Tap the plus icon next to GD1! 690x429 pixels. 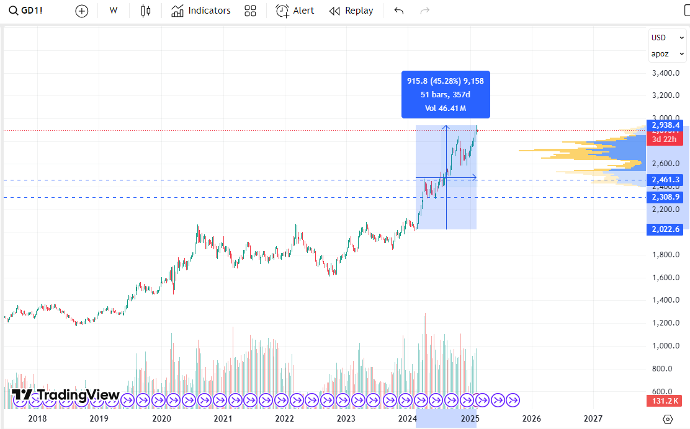point(82,11)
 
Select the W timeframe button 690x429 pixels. point(114,11)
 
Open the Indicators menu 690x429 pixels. point(200,11)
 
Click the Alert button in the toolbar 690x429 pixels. point(295,11)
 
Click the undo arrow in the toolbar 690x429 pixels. point(399,11)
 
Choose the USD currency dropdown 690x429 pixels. point(667,38)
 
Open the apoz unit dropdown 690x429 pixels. point(667,54)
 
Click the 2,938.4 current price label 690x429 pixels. point(666,125)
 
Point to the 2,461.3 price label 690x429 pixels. point(666,180)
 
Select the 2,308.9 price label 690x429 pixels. point(666,197)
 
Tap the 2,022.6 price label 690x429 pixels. point(666,229)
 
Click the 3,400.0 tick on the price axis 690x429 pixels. point(666,73)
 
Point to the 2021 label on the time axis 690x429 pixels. point(223,418)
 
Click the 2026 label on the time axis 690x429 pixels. point(532,418)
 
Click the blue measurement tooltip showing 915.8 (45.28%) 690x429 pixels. point(446,94)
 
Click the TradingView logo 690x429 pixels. point(66,395)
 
